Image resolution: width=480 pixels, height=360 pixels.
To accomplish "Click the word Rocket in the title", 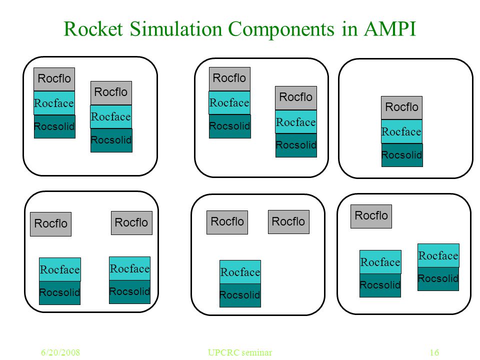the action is pyautogui.click(x=93, y=29).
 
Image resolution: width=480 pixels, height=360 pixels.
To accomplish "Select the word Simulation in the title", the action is pyautogui.click(x=176, y=29).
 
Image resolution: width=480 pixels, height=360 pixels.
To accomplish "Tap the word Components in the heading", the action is pyautogui.click(x=281, y=30).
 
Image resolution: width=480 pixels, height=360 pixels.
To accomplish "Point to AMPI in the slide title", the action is pyautogui.click(x=390, y=29).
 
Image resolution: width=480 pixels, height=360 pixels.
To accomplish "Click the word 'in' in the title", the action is pyautogui.click(x=349, y=29).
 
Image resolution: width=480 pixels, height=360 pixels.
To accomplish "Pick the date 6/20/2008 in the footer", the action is pyautogui.click(x=60, y=352).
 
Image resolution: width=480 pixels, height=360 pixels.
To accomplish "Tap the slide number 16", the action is pyautogui.click(x=434, y=352).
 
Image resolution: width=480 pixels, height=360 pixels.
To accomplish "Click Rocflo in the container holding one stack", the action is pyautogui.click(x=401, y=107).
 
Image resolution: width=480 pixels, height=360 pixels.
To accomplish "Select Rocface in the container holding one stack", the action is pyautogui.click(x=401, y=131).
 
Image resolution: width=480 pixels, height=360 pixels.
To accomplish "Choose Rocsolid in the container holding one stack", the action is pyautogui.click(x=402, y=155).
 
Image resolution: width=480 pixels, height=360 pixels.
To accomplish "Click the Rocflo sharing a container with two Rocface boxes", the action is pyautogui.click(x=371, y=216).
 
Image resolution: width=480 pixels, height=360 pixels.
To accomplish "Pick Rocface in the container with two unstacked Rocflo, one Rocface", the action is pyautogui.click(x=240, y=272).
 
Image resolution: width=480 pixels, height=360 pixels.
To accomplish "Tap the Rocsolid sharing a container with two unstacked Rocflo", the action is pyautogui.click(x=240, y=295).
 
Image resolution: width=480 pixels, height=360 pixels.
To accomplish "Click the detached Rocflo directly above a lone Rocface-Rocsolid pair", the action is pyautogui.click(x=227, y=222).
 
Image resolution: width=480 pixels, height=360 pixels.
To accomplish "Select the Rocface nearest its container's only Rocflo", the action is pyautogui.click(x=380, y=262).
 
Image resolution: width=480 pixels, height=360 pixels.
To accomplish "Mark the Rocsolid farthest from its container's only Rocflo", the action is pyautogui.click(x=438, y=279).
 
